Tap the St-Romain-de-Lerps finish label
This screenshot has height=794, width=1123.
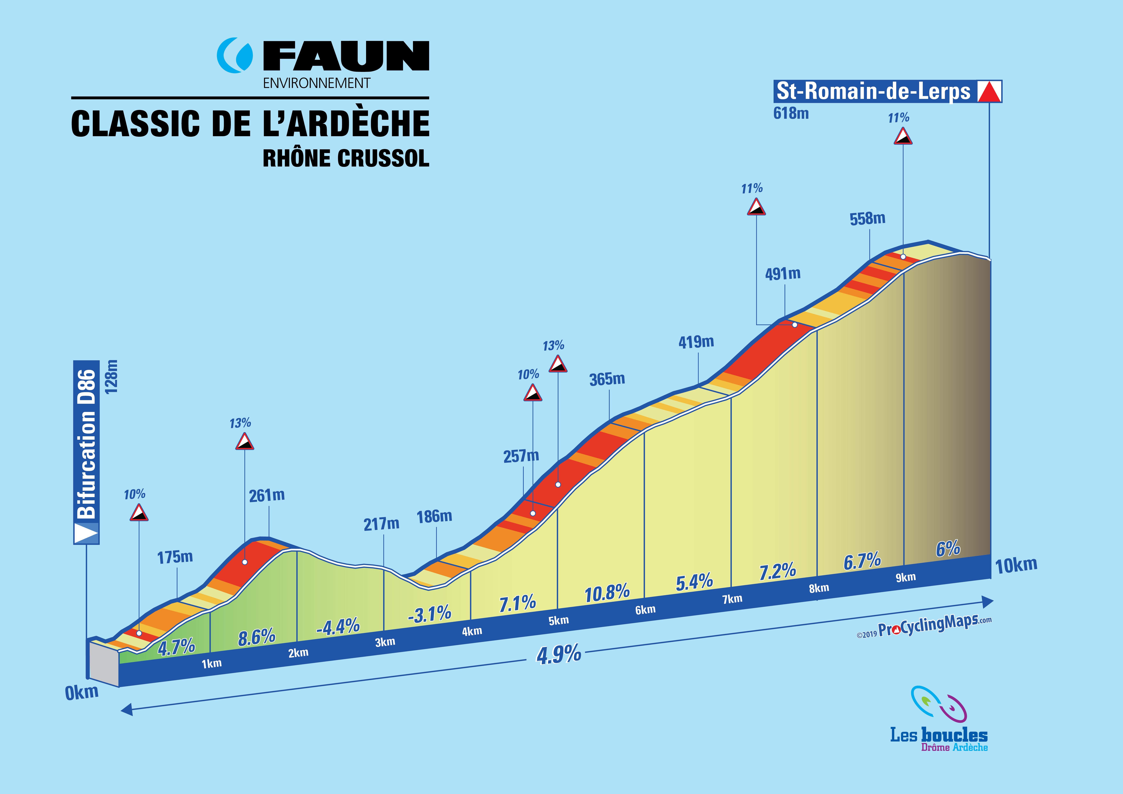click(x=873, y=92)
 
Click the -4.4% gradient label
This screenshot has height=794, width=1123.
click(x=338, y=626)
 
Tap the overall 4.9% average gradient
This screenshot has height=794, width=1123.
click(x=559, y=654)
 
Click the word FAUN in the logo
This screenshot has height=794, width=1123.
click(x=346, y=56)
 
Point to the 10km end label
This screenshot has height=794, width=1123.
click(x=1016, y=565)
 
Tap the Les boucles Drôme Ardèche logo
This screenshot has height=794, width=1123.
click(x=938, y=719)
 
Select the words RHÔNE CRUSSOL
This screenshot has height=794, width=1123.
click(x=346, y=158)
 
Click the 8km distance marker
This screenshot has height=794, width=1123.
click(x=819, y=588)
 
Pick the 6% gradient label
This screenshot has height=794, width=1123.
click(x=948, y=549)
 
